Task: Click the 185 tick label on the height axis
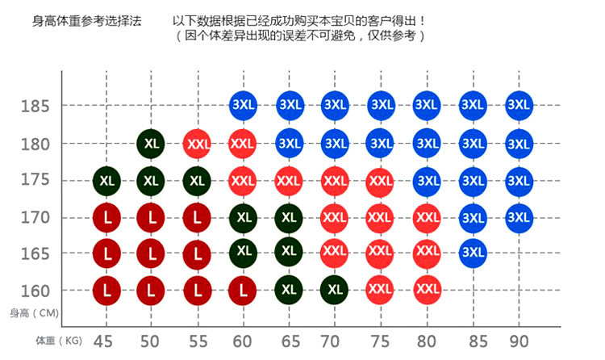(35, 106)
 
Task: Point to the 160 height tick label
(35, 291)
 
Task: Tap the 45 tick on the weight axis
(103, 341)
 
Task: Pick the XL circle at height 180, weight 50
(151, 144)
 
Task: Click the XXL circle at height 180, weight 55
(197, 144)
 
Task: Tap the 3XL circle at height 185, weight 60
(243, 105)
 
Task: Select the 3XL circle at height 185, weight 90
(519, 105)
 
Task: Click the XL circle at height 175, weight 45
(106, 180)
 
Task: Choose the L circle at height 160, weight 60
(243, 290)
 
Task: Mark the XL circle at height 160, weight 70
(334, 289)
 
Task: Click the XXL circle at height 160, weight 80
(427, 289)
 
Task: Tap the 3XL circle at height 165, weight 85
(473, 252)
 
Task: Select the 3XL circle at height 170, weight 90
(519, 216)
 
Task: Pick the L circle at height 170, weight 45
(106, 217)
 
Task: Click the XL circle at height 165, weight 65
(288, 252)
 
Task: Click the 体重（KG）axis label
(59, 341)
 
